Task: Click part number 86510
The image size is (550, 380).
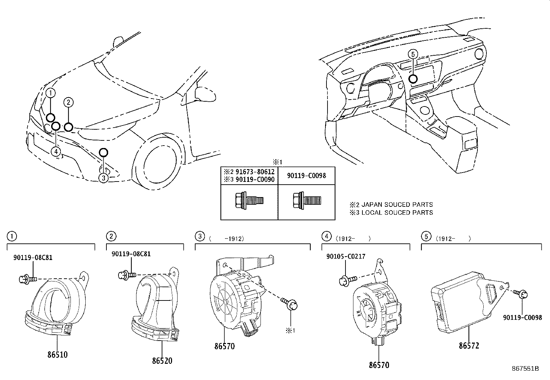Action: pos(57,354)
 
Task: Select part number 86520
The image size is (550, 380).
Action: pos(162,361)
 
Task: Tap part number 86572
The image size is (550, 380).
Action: pos(469,345)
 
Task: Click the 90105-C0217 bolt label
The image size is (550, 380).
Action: pos(346,257)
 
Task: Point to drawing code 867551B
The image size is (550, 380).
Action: pos(525,368)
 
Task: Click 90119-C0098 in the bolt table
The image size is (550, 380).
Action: pos(306,176)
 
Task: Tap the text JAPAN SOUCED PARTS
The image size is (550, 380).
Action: pos(397,205)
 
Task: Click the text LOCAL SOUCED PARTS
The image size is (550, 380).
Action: pos(397,213)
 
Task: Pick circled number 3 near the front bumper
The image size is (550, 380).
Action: pos(103,178)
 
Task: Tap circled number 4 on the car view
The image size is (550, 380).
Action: pos(55,151)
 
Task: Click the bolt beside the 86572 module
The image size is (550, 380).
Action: pos(521,294)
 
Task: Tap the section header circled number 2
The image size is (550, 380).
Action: pos(111,236)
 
